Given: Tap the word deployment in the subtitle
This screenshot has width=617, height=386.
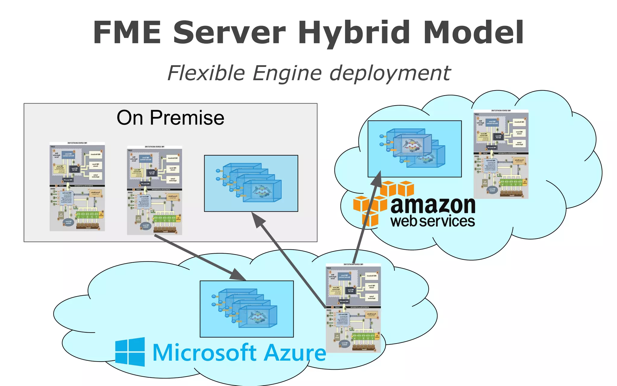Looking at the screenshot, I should (x=390, y=74).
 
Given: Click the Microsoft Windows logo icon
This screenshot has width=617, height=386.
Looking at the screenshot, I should (x=130, y=352).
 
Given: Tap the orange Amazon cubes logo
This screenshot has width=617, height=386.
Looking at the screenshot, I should (x=383, y=202).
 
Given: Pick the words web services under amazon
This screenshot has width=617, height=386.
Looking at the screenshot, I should (x=433, y=221).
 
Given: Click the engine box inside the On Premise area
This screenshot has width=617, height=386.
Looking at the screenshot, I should (x=251, y=183).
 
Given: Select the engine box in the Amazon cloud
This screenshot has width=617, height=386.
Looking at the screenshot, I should (x=415, y=149).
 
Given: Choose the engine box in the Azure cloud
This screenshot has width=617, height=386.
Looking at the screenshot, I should (x=246, y=309).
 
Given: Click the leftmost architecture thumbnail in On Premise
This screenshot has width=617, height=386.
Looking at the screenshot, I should (x=77, y=187).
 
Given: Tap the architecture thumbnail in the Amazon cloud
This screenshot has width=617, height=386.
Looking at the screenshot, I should (x=501, y=154).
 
